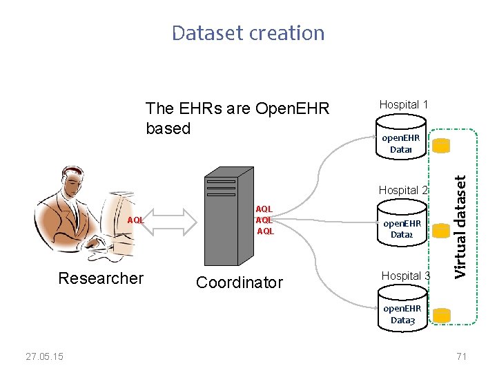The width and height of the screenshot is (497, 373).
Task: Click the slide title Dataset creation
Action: tap(248, 33)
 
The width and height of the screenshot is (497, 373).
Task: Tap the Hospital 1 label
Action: tap(404, 104)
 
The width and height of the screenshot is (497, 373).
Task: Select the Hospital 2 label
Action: tap(404, 190)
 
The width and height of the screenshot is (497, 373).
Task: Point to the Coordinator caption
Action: tap(239, 283)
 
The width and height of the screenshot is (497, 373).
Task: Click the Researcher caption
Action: tap(101, 278)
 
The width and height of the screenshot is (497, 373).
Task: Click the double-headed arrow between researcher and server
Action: tap(173, 220)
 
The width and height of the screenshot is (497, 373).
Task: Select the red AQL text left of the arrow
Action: tap(135, 220)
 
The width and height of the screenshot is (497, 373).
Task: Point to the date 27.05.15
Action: tap(44, 356)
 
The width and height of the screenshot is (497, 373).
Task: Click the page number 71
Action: tap(462, 356)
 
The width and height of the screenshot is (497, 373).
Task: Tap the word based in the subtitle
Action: tap(168, 128)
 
